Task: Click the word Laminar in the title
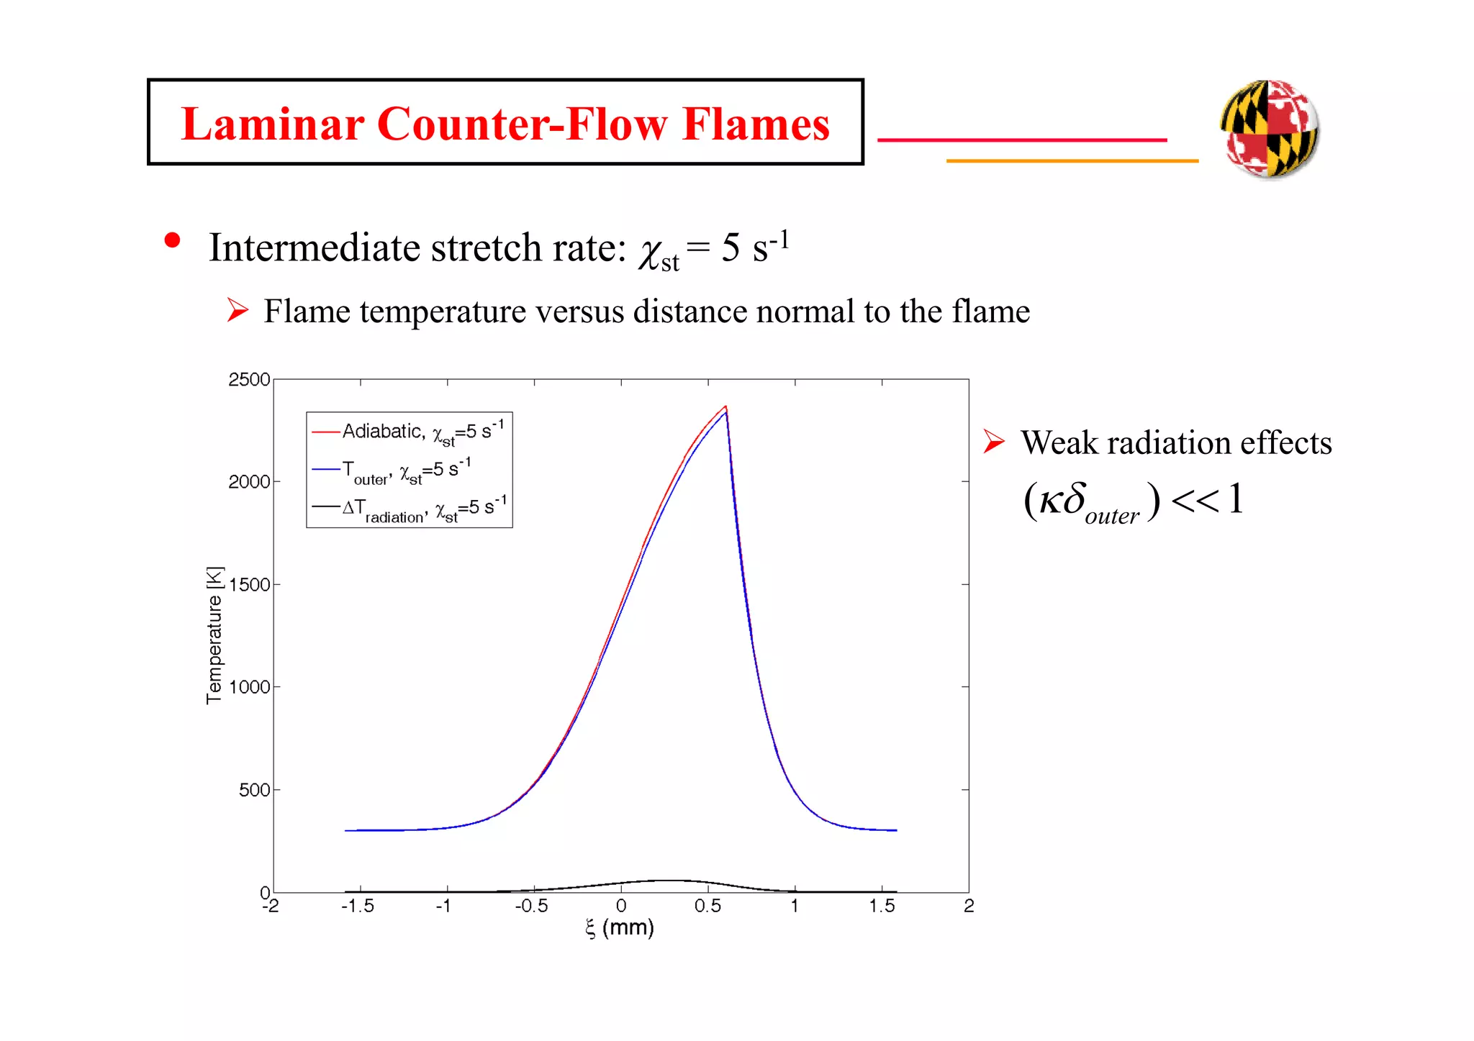(x=273, y=124)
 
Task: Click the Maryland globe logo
(x=1270, y=128)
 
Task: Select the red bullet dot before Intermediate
(x=172, y=240)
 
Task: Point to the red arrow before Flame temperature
(x=238, y=310)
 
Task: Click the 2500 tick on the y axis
(x=249, y=379)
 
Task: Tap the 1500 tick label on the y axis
(x=249, y=584)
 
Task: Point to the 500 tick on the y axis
(x=253, y=790)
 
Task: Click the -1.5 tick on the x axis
(x=358, y=906)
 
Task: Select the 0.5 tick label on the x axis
(x=707, y=906)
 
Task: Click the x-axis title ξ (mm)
(x=620, y=928)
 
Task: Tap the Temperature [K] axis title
(x=214, y=635)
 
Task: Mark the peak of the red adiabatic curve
(x=725, y=406)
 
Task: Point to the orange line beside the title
(x=1072, y=160)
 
